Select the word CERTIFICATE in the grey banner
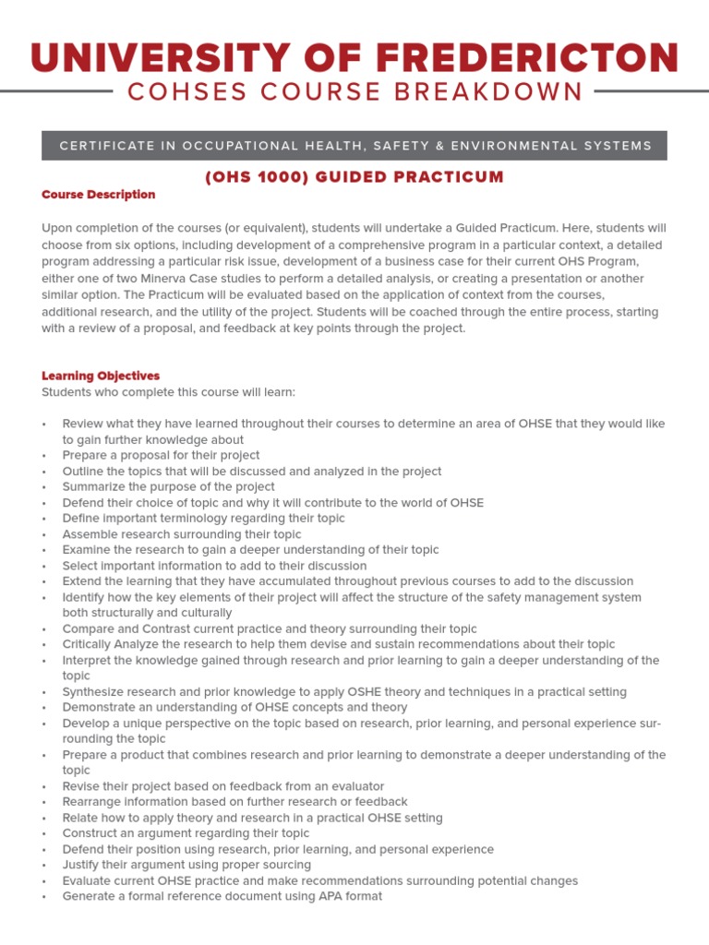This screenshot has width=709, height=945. (105, 146)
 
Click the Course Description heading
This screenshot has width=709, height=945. (99, 195)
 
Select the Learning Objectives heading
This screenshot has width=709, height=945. (101, 376)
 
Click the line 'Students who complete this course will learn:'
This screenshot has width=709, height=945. (168, 392)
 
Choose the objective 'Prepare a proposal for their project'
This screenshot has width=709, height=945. (161, 455)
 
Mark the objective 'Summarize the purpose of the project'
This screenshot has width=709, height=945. (168, 486)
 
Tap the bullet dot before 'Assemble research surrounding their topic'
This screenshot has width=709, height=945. (44, 534)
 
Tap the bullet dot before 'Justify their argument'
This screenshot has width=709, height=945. (44, 866)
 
